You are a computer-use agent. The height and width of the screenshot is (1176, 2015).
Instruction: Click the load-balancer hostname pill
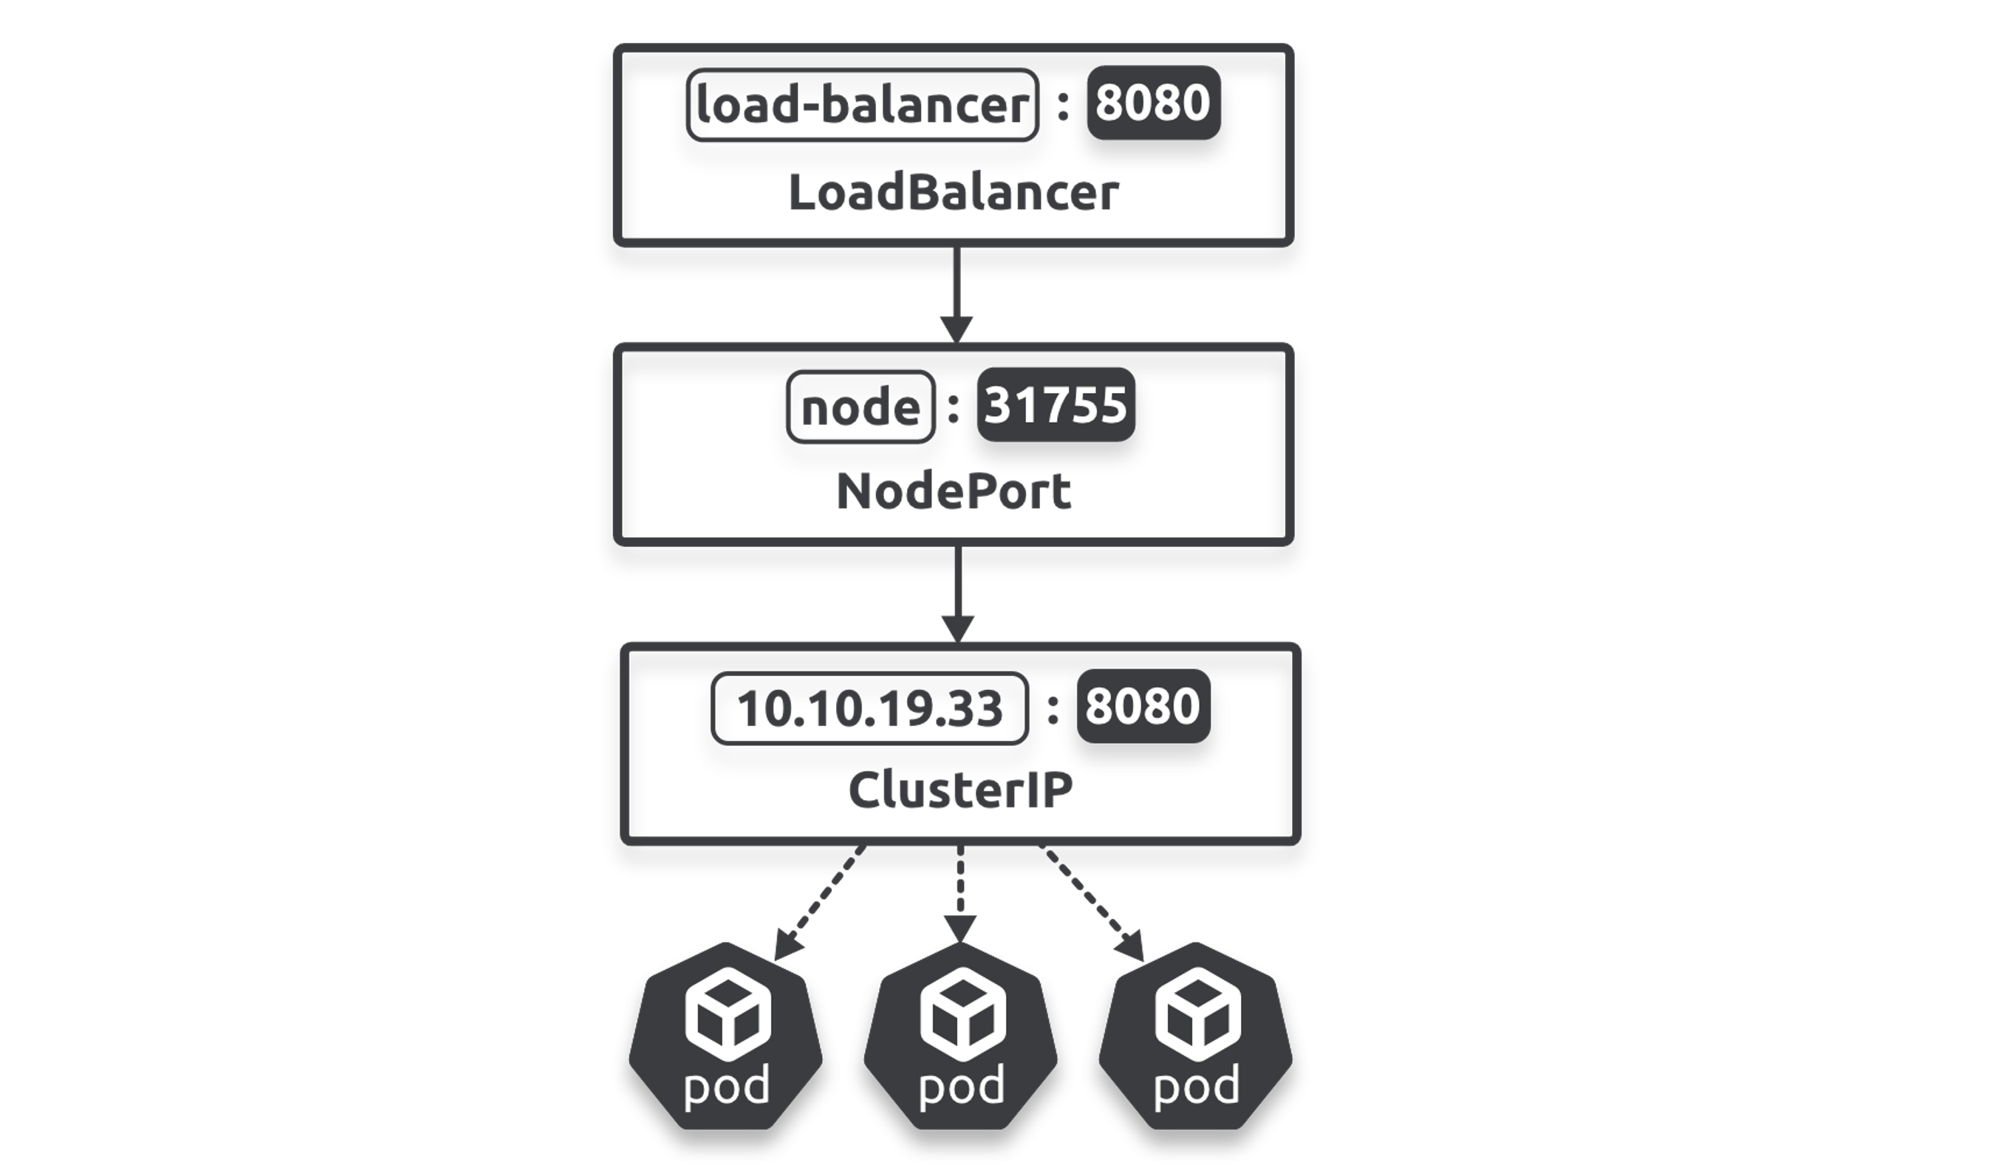[x=862, y=105]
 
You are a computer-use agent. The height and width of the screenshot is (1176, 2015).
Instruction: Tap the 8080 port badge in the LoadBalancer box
[x=1153, y=103]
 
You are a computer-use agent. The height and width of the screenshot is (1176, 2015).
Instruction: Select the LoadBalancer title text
[x=953, y=194]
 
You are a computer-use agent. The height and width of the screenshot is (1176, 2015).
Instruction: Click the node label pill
[x=861, y=407]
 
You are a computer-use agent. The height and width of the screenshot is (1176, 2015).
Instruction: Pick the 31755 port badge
[x=1056, y=405]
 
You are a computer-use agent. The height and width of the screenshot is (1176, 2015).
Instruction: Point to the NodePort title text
[x=953, y=491]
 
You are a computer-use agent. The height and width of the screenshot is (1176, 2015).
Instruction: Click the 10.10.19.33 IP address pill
[x=869, y=708]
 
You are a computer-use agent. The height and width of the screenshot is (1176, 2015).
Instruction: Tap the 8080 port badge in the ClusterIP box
[x=1143, y=706]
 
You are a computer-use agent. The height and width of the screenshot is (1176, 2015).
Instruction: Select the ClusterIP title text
[x=959, y=790]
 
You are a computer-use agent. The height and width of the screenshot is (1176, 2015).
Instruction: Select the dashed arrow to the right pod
[x=1092, y=903]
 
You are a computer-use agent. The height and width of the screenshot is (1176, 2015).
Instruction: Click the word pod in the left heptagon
[x=726, y=1086]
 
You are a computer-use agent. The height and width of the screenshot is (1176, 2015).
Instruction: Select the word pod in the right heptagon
[x=1196, y=1086]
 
